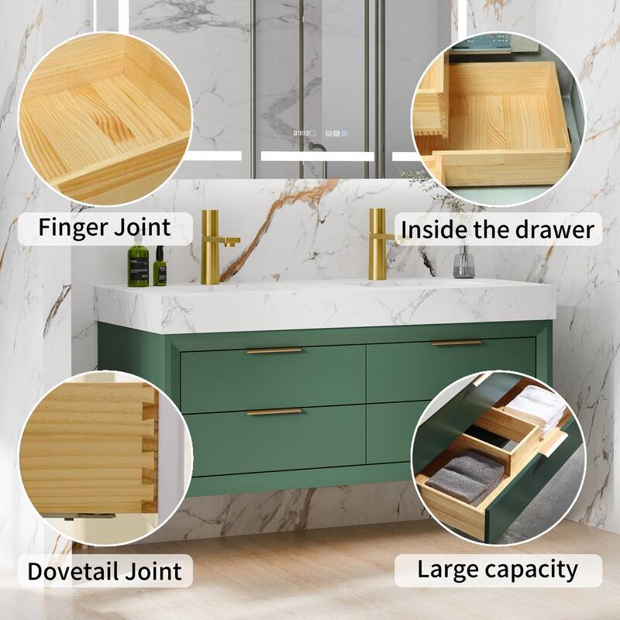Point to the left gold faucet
(x=212, y=246)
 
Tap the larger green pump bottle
(x=138, y=264)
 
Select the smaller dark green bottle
(x=159, y=268)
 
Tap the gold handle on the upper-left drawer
(x=274, y=351)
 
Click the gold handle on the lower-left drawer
(x=274, y=412)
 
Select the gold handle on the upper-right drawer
(x=456, y=343)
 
